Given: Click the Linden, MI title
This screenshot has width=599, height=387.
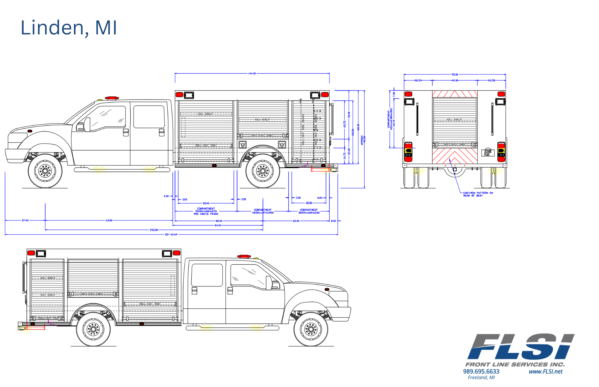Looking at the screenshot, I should (x=69, y=28).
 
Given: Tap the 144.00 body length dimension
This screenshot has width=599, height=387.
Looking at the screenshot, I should (x=252, y=73).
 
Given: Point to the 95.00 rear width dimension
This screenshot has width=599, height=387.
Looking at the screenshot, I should (x=455, y=74).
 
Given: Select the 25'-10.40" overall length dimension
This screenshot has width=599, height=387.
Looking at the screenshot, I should (x=171, y=234).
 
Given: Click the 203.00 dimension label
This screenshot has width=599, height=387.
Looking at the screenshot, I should (x=154, y=230).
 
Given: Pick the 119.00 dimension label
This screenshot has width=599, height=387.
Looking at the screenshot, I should (x=109, y=220).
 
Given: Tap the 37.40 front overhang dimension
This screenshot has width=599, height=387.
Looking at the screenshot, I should (x=25, y=220).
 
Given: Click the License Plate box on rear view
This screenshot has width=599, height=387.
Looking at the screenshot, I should (x=488, y=153).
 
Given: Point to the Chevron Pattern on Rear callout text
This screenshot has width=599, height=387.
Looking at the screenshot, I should (x=478, y=194).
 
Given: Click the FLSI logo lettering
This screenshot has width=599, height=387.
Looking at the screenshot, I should (x=521, y=347).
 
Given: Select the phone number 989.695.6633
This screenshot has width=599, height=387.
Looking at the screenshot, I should (x=481, y=371).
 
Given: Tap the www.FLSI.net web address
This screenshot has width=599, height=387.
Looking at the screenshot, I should (x=545, y=371).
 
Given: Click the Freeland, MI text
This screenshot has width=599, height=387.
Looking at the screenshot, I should (x=481, y=377).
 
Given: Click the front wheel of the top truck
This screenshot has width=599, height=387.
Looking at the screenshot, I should (x=45, y=171).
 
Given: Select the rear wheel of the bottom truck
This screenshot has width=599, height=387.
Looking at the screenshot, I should (x=93, y=329).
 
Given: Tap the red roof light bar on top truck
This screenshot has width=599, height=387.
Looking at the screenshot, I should (x=112, y=98).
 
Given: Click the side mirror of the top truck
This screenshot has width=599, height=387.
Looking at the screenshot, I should (x=87, y=124).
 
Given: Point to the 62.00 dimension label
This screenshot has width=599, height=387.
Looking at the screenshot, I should (x=296, y=221).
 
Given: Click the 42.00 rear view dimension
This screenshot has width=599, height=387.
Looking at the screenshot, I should (x=455, y=80).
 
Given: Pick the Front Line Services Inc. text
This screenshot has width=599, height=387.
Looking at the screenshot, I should (x=515, y=364).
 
